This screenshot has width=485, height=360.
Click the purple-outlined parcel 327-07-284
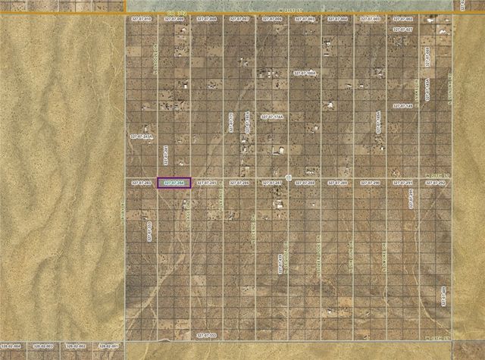pos(174,183)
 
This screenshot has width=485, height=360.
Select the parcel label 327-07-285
pos(207,183)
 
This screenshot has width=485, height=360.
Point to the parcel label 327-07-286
pos(239,183)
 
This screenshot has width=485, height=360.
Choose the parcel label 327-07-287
pos(272,183)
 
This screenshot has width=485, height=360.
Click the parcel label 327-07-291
pos(403,183)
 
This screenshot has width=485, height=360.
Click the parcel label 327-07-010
pos(141,17)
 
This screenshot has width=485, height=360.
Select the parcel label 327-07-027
pos(402,30)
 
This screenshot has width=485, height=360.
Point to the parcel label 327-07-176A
pos(272,117)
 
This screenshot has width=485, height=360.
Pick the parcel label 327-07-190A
pos(305,74)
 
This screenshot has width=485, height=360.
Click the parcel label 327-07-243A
pos(142,136)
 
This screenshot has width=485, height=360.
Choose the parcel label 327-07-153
pos(207,334)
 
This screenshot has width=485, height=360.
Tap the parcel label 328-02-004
pos(11,346)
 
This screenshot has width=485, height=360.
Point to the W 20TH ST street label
pos(437,174)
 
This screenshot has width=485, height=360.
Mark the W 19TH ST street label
pos(437,337)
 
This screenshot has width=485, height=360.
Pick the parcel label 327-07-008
pos(207,17)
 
